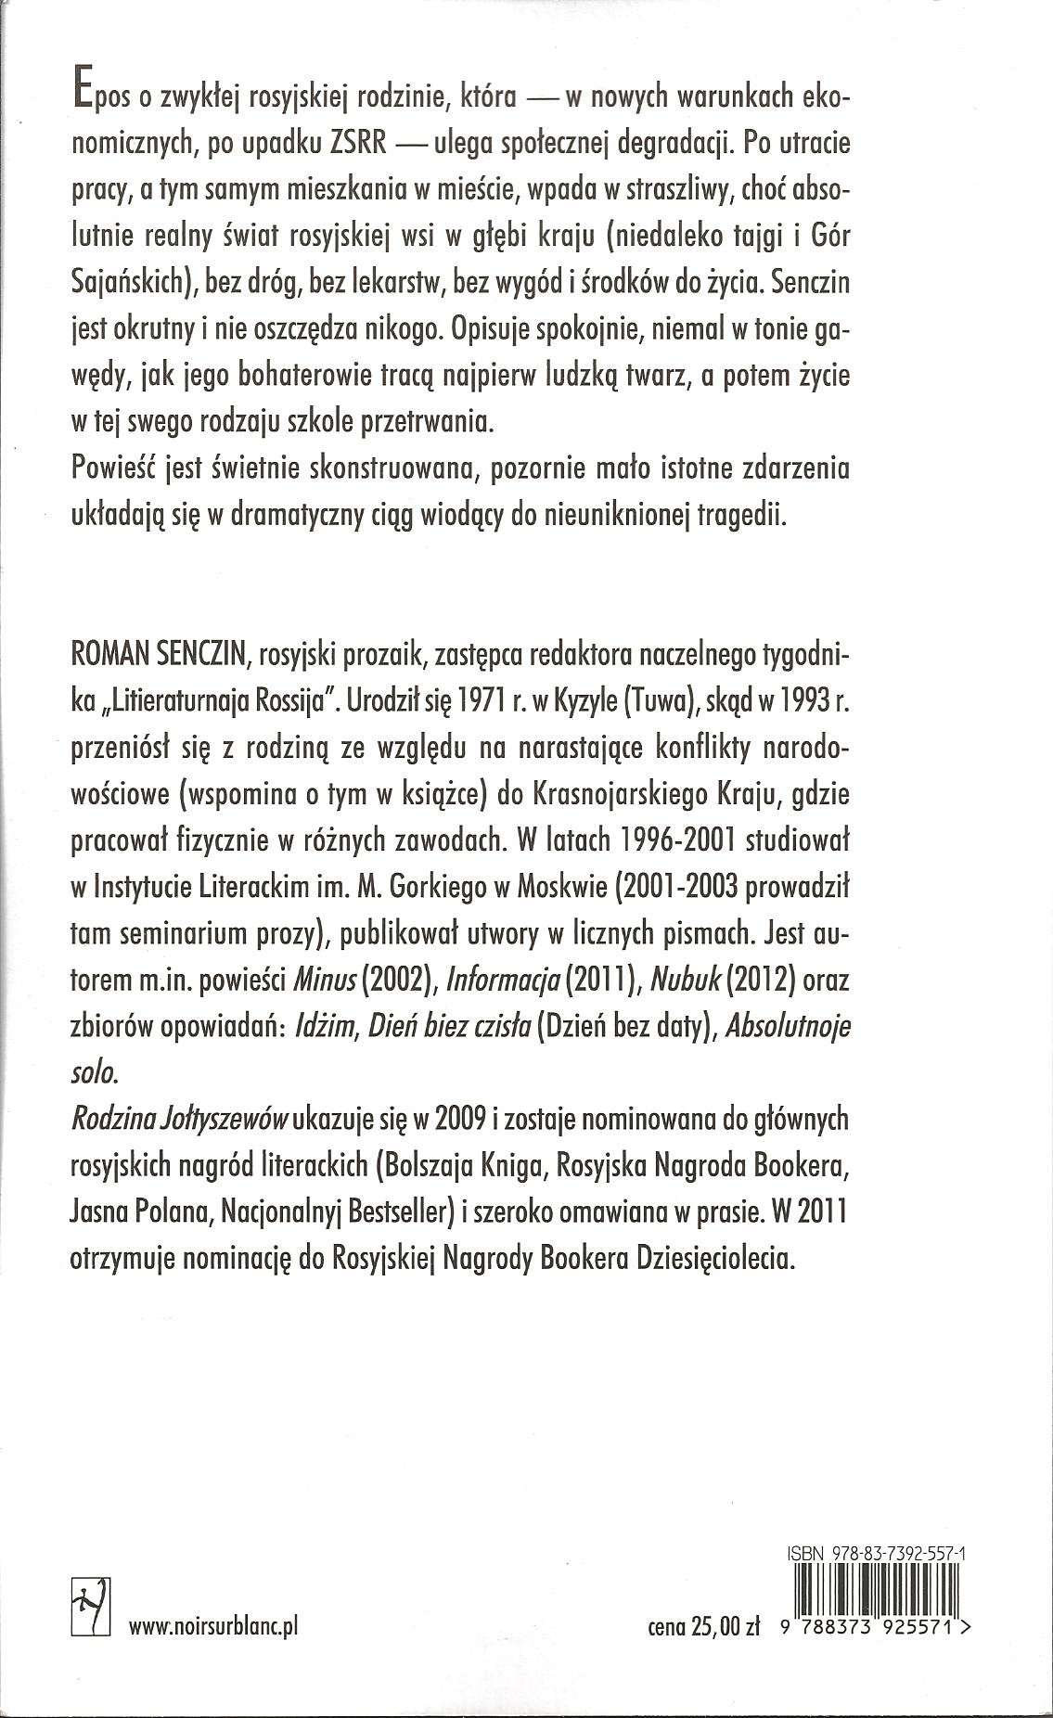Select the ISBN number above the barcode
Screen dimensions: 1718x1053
873,1550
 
